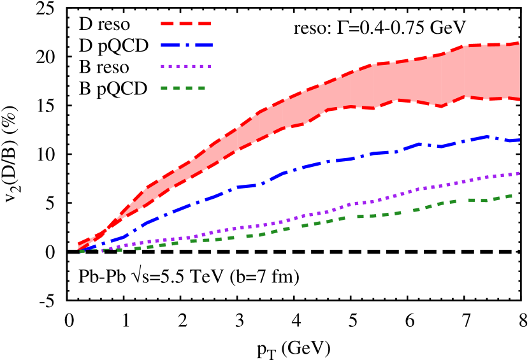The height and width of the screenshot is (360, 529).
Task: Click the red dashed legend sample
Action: coord(185,24)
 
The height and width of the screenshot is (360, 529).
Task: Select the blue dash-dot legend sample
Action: coord(186,45)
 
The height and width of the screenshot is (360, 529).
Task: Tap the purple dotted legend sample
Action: coord(185,66)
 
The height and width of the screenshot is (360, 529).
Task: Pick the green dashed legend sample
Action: coord(183,88)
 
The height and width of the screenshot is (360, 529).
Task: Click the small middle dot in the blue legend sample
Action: coord(187,45)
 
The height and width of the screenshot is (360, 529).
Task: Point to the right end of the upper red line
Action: coord(519,43)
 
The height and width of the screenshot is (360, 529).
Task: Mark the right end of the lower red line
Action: coord(519,99)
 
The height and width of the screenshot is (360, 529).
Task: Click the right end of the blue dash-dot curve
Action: coord(519,140)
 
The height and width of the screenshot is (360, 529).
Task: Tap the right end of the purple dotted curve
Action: coord(519,173)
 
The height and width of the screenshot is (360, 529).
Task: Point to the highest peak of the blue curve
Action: coord(489,136)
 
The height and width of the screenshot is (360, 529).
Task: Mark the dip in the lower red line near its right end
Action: coord(441,106)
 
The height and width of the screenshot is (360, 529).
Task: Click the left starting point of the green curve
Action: coord(82,251)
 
